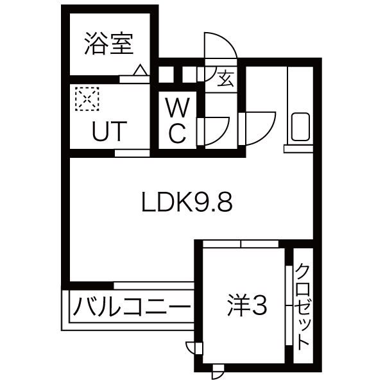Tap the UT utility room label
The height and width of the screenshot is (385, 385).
(x=108, y=130)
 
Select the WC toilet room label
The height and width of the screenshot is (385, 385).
(x=177, y=120)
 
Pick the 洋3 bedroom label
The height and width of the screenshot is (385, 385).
(x=246, y=307)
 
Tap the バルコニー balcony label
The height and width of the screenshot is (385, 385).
(x=132, y=307)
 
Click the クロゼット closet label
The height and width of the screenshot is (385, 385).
(x=303, y=306)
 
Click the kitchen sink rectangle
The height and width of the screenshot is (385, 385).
(x=300, y=128)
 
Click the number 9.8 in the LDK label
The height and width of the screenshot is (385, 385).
(x=211, y=203)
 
